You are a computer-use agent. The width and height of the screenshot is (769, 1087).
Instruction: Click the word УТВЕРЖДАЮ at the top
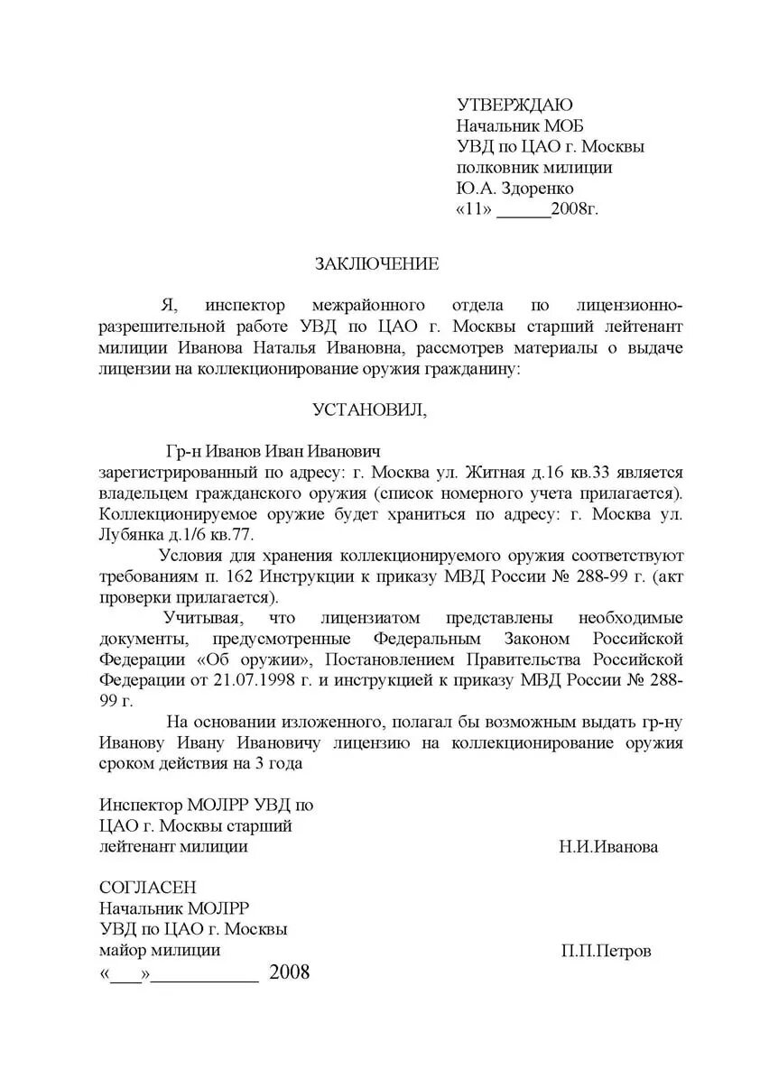(514, 106)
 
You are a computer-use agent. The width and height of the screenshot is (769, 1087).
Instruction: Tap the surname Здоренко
(536, 189)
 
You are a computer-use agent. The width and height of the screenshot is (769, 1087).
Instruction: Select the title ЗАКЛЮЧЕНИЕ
(376, 263)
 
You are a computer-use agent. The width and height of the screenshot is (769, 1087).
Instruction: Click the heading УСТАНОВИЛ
(370, 410)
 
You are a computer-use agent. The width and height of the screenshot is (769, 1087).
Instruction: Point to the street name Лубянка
(131, 534)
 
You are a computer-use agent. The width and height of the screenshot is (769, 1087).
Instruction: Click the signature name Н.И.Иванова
(609, 847)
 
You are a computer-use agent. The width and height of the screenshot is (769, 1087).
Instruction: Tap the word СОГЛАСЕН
(147, 889)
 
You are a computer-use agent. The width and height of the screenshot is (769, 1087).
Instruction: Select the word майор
(123, 951)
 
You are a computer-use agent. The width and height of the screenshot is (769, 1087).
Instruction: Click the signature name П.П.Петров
(605, 952)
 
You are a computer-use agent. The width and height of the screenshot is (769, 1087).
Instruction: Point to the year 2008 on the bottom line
(289, 972)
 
